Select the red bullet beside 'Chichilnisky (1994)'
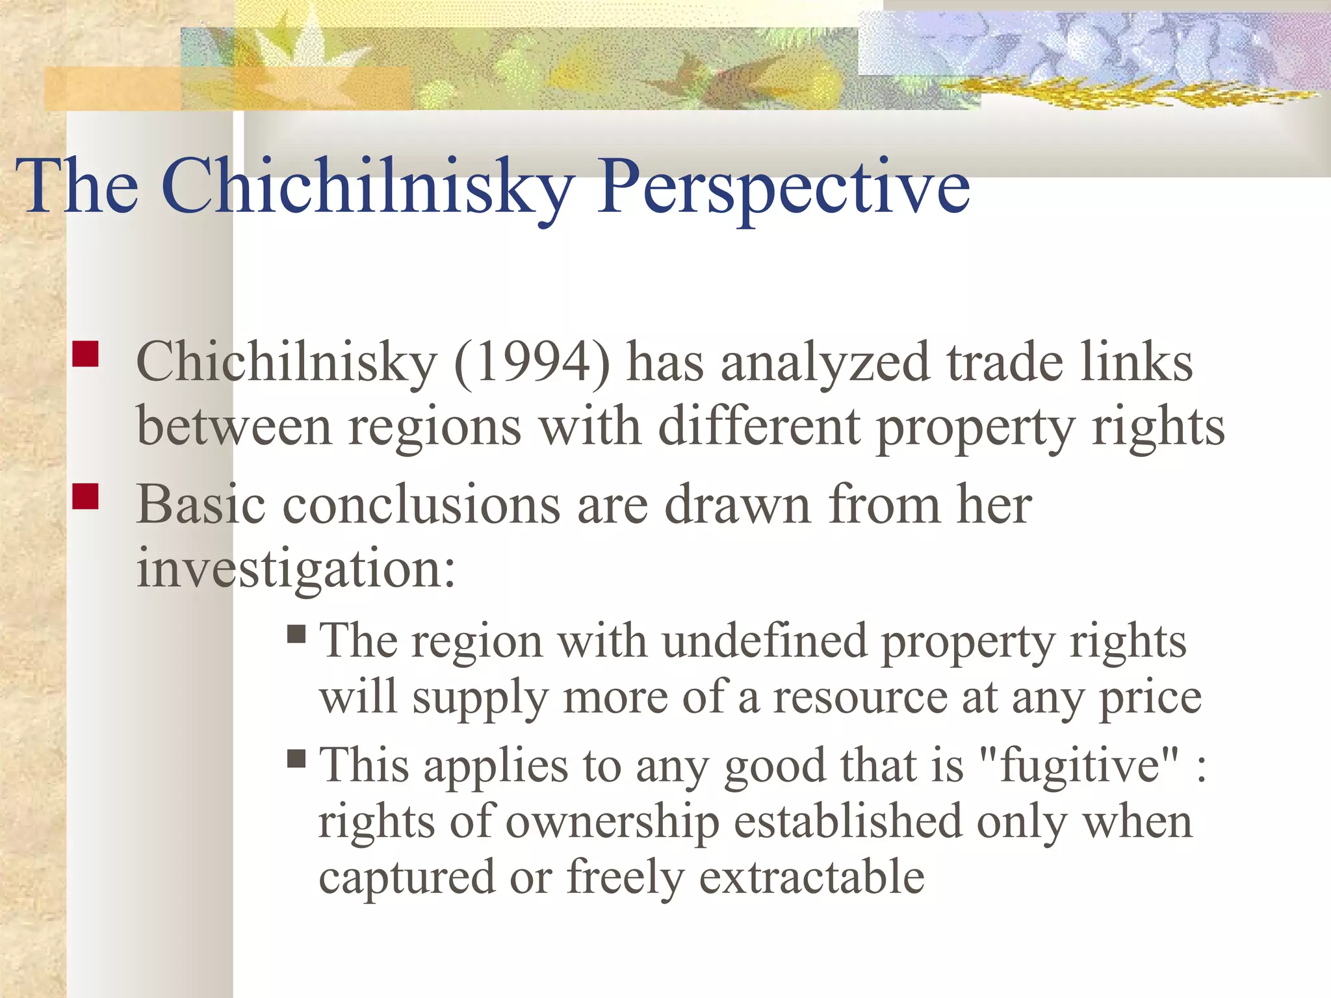pyautogui.click(x=85, y=355)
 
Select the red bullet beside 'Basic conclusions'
pyautogui.click(x=85, y=496)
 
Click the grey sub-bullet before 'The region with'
pyautogui.click(x=296, y=633)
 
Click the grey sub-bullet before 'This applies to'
pyautogui.click(x=296, y=758)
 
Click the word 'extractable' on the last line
pyautogui.click(x=811, y=877)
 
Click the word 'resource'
pyautogui.click(x=860, y=698)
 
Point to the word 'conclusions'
pyautogui.click(x=421, y=505)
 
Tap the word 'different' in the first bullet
pyautogui.click(x=759, y=428)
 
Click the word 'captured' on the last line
pyautogui.click(x=407, y=877)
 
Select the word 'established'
pyautogui.click(x=848, y=821)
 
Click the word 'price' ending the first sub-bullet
pyautogui.click(x=1150, y=698)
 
